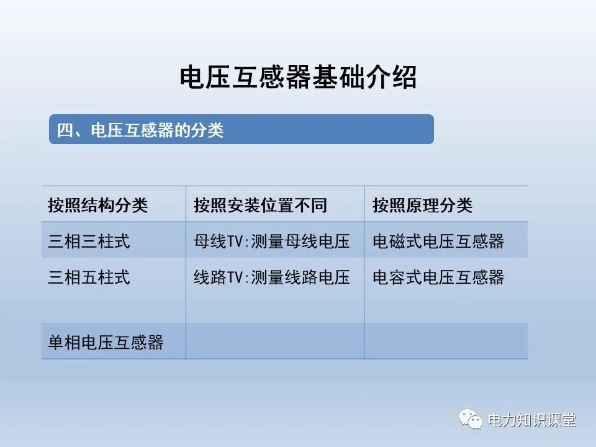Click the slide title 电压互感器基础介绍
[x=298, y=78]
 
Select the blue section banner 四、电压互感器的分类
[x=241, y=130]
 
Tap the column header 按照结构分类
[x=98, y=205]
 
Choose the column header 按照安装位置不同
[x=260, y=205]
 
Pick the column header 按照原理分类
[x=422, y=205]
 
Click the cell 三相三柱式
[x=89, y=241]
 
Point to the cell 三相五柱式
[x=89, y=277]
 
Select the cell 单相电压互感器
[x=106, y=341]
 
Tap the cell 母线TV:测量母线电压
[x=272, y=241]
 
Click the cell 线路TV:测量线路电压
[x=272, y=277]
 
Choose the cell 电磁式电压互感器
[x=438, y=241]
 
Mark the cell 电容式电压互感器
[x=438, y=277]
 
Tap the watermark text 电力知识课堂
[x=532, y=420]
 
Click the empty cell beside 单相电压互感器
[x=274, y=341]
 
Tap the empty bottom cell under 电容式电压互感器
[x=446, y=341]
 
